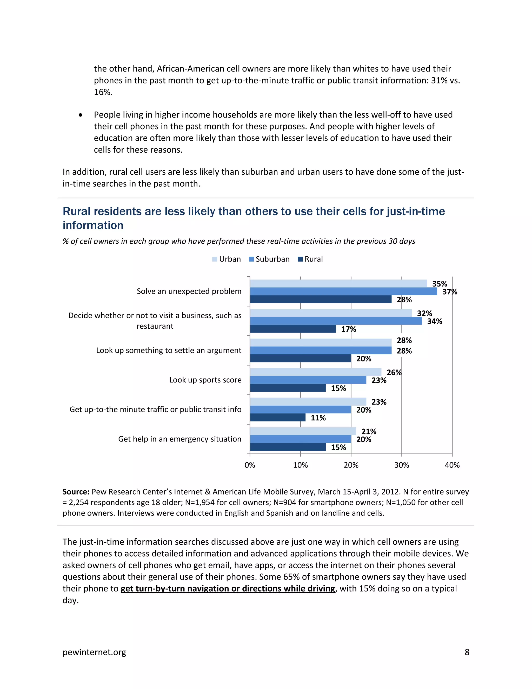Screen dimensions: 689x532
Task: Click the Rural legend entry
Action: (x=310, y=259)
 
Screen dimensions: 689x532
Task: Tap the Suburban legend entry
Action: (x=269, y=259)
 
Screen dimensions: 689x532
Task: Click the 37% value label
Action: (x=449, y=292)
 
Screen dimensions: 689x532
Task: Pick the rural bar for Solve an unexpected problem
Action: (x=321, y=299)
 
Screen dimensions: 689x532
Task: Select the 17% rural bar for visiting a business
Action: (x=293, y=329)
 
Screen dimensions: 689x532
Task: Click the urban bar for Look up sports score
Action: (x=315, y=372)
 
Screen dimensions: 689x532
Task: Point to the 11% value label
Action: (x=318, y=418)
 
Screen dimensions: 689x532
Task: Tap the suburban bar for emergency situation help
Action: (x=300, y=439)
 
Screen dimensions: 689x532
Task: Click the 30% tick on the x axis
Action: (x=402, y=465)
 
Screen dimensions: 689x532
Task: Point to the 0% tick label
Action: (x=250, y=465)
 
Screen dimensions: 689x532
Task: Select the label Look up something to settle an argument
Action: (x=169, y=350)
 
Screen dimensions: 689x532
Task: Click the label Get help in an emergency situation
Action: (x=180, y=439)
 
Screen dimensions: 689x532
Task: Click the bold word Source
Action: (x=76, y=492)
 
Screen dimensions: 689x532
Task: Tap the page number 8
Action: (x=467, y=652)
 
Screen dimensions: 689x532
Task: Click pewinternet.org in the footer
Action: (x=94, y=652)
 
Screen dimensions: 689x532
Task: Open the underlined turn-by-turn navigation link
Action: (x=228, y=589)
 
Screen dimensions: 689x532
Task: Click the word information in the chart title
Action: (x=93, y=225)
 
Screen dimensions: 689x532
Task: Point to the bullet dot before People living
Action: (x=81, y=115)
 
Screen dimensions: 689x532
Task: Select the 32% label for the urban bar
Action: (x=424, y=313)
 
